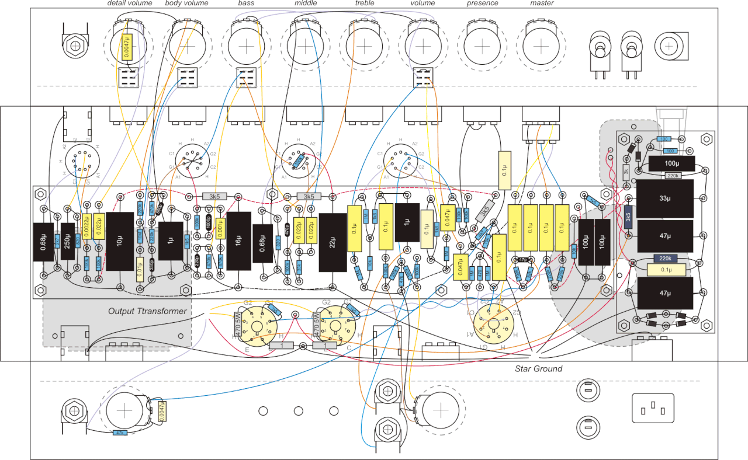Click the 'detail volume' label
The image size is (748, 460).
coord(130,4)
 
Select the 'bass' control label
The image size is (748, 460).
coord(246,4)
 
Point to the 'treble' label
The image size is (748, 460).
coord(364,4)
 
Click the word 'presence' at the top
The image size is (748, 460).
coord(482,4)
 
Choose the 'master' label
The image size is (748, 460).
coord(542,4)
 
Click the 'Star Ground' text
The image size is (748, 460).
coord(538,368)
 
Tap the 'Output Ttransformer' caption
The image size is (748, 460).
coord(147,311)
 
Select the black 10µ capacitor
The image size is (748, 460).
coord(120,241)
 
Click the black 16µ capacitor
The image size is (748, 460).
coord(238,241)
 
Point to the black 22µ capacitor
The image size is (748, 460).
coord(333,242)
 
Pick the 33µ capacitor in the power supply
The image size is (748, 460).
coord(665,198)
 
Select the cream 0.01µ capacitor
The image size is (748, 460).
coord(140,270)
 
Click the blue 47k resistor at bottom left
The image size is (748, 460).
coord(120,433)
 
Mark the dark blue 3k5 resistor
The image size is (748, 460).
coord(628,216)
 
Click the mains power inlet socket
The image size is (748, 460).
coord(653,407)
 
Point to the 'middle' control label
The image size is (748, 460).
coord(305,4)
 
